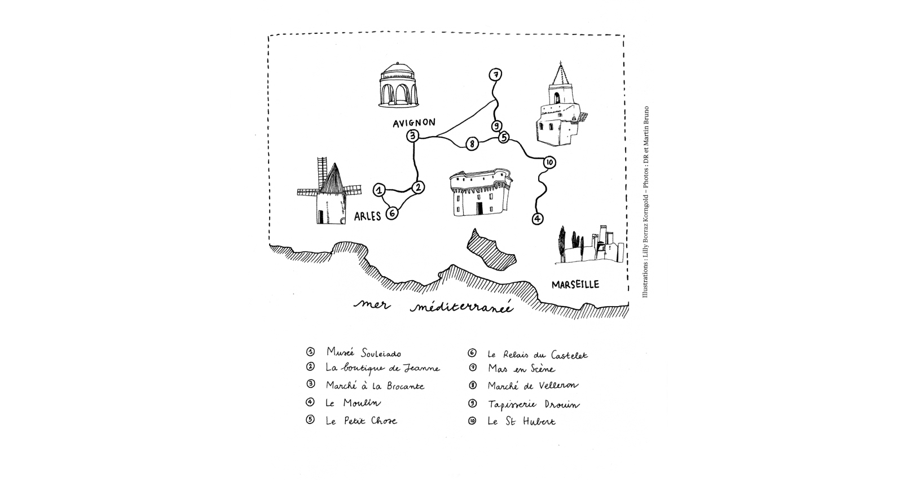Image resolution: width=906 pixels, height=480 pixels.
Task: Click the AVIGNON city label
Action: [x=414, y=123]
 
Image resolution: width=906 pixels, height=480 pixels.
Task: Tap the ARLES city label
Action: [x=367, y=216]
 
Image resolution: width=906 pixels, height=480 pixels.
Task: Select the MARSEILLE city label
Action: [x=575, y=285]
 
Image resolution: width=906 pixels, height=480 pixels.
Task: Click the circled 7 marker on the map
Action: [x=495, y=75]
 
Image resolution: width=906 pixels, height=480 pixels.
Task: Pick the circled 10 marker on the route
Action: [x=549, y=163]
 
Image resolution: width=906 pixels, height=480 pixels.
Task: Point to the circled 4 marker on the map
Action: [x=537, y=219]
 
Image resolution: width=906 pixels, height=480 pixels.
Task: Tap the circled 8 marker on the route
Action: [x=472, y=143]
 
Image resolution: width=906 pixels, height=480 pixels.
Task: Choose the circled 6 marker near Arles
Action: [x=392, y=213]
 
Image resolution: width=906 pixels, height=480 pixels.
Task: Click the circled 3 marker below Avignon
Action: [x=412, y=136]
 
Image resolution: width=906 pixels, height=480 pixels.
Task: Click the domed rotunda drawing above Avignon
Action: [x=398, y=85]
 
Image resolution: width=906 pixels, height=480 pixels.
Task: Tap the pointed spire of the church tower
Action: [x=561, y=73]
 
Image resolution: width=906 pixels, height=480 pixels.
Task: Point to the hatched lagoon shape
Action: [x=491, y=250]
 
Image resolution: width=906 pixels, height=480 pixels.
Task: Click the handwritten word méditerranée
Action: [x=461, y=307]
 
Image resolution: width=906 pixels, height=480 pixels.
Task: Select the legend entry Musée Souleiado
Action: [x=364, y=352]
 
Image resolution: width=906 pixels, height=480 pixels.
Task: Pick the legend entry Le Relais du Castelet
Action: [x=537, y=355]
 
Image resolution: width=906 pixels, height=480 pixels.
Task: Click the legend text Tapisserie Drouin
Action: [x=534, y=404]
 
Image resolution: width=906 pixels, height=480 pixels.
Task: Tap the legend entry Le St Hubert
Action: [x=521, y=421]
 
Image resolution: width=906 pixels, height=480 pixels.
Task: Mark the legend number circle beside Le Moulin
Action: [x=310, y=402]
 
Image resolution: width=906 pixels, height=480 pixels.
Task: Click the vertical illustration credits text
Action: [x=645, y=202]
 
